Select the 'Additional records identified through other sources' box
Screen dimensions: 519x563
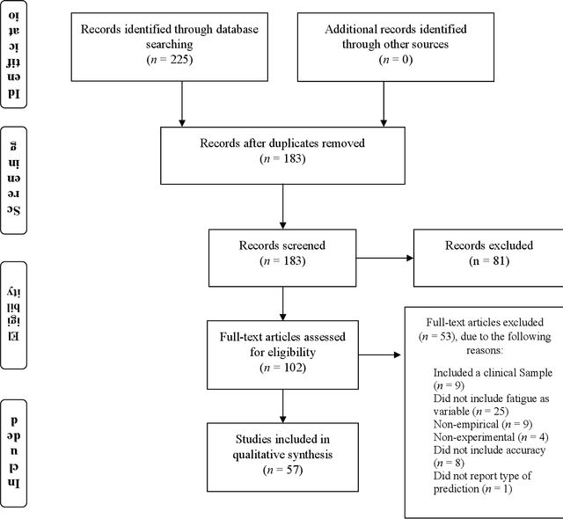click(x=383, y=44)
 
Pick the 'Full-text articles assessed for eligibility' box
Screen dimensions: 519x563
click(x=281, y=349)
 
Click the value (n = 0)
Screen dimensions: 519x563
click(x=383, y=61)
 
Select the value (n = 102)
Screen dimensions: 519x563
click(x=281, y=367)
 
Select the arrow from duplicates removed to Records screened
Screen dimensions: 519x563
click(x=281, y=208)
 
